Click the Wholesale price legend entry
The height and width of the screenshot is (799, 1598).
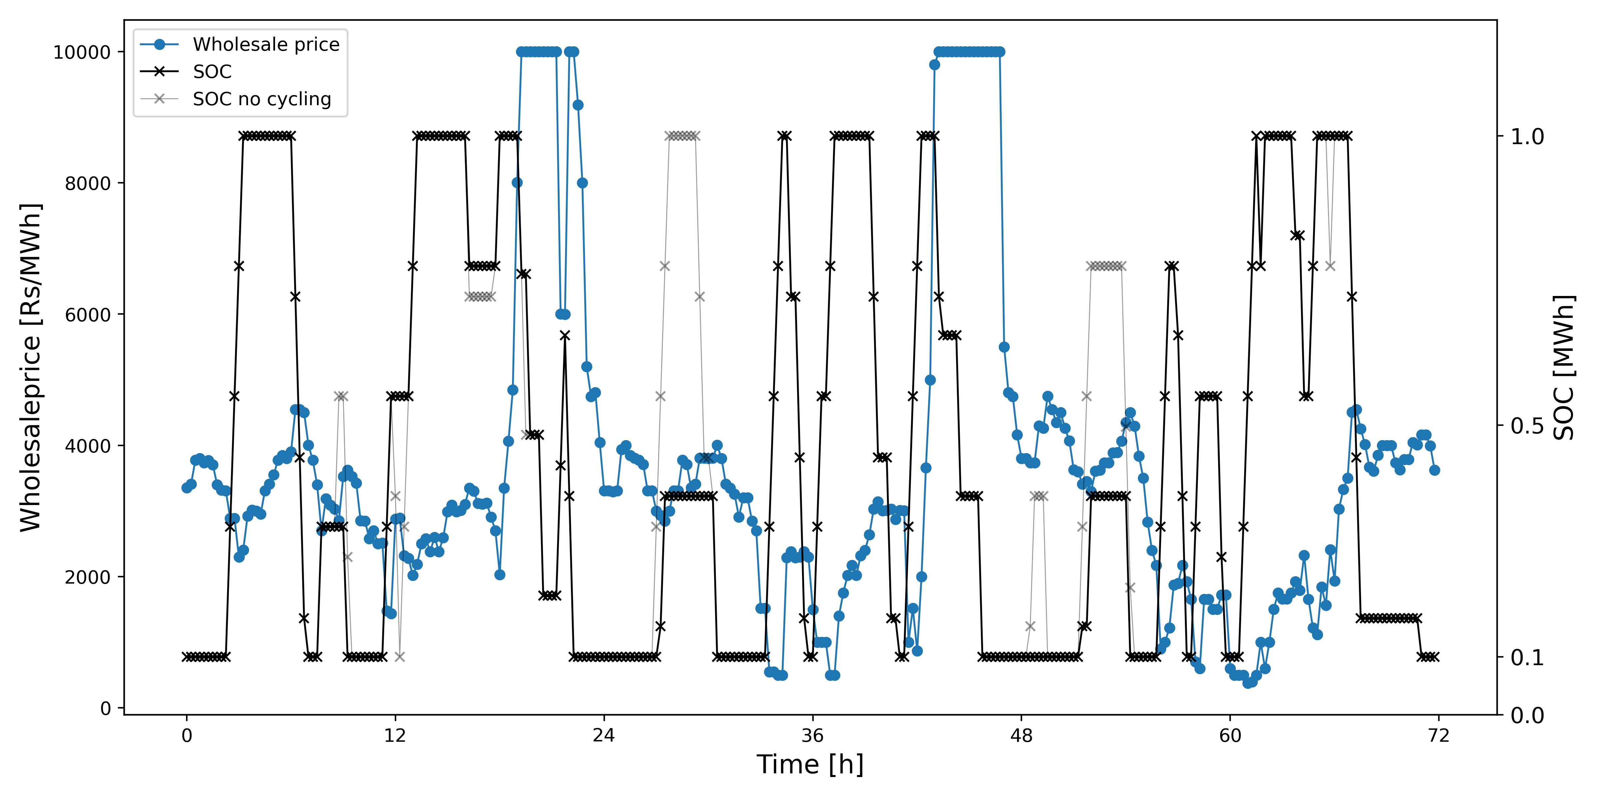[266, 45]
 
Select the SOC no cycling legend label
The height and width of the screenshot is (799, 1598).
[262, 99]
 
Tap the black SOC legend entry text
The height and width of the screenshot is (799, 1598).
[212, 72]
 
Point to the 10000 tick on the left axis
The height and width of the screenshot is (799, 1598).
[82, 52]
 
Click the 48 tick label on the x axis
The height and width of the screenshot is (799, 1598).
[1021, 736]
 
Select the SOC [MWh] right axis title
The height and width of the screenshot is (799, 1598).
[1564, 367]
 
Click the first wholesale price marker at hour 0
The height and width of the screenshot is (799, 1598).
[187, 488]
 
